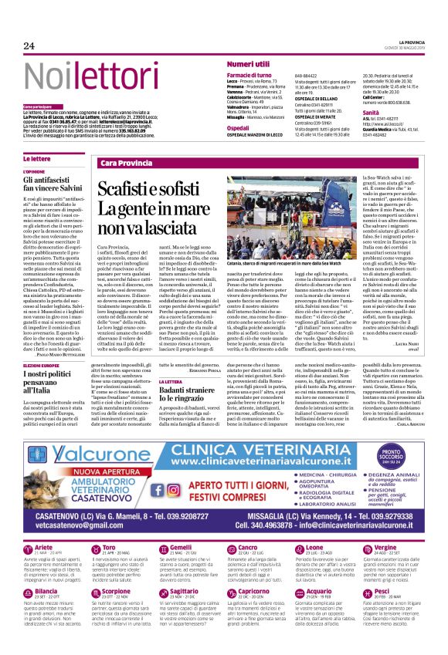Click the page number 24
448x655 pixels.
coord(29,46)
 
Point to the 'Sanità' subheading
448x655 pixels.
coord(372,113)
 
